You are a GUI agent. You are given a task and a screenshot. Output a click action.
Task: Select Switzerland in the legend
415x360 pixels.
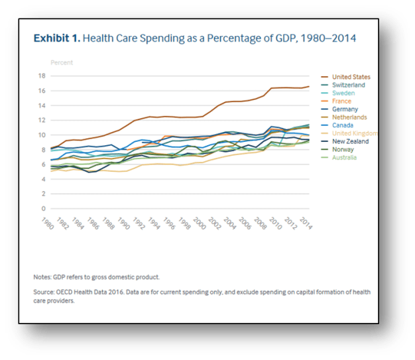[349, 85]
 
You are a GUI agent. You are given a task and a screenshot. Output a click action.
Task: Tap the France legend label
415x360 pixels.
[342, 101]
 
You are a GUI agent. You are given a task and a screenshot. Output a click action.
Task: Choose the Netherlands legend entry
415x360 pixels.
[351, 117]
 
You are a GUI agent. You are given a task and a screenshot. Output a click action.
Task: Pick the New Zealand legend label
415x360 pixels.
[351, 141]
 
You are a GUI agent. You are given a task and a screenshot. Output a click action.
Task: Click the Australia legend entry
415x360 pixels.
[345, 157]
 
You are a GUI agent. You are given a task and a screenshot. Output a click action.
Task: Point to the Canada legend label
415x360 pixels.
[343, 125]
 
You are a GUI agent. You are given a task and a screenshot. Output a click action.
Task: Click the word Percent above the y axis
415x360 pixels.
[62, 62]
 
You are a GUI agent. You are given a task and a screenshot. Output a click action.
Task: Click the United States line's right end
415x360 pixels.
[308, 87]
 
